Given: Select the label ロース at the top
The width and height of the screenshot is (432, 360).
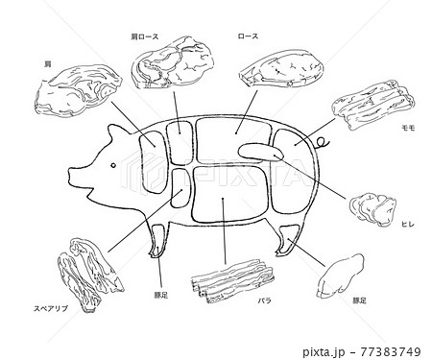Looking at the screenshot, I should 248,36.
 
